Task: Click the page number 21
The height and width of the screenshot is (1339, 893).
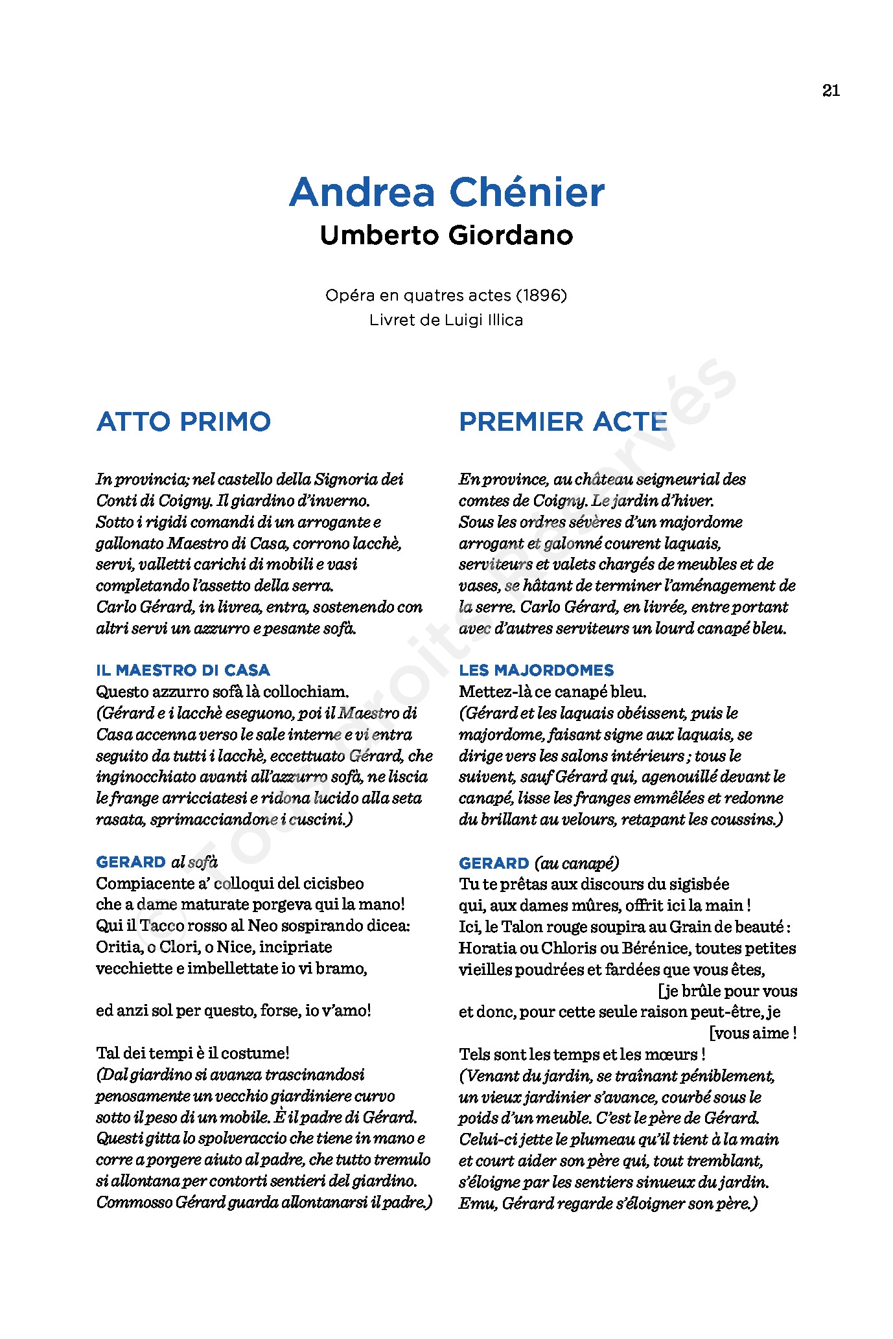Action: (x=831, y=91)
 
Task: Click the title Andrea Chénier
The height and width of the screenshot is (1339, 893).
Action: (x=446, y=192)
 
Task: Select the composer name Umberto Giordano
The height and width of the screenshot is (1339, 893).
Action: (x=446, y=235)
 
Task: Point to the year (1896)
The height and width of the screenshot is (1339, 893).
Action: (x=541, y=295)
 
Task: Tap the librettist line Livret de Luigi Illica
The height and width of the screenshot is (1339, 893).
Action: (x=446, y=320)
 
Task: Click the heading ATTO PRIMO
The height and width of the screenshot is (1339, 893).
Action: (x=183, y=422)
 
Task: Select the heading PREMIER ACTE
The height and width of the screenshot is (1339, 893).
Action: (x=562, y=422)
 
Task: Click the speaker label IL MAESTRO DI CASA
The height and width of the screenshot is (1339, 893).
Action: (x=183, y=670)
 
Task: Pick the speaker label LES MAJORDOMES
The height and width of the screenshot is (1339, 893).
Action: (x=536, y=670)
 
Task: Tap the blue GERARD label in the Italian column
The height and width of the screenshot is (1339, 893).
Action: (x=131, y=862)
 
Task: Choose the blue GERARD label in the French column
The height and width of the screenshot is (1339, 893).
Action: (x=494, y=864)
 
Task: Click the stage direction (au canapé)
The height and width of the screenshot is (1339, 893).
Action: (x=577, y=864)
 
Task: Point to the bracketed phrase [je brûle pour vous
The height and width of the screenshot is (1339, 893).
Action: (x=727, y=991)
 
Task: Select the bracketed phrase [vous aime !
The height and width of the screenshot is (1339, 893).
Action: (x=753, y=1033)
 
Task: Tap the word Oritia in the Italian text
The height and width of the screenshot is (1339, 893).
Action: (x=118, y=947)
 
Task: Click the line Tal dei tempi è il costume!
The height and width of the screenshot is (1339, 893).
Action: (x=192, y=1053)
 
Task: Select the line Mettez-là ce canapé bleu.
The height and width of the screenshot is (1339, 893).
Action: (x=552, y=691)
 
